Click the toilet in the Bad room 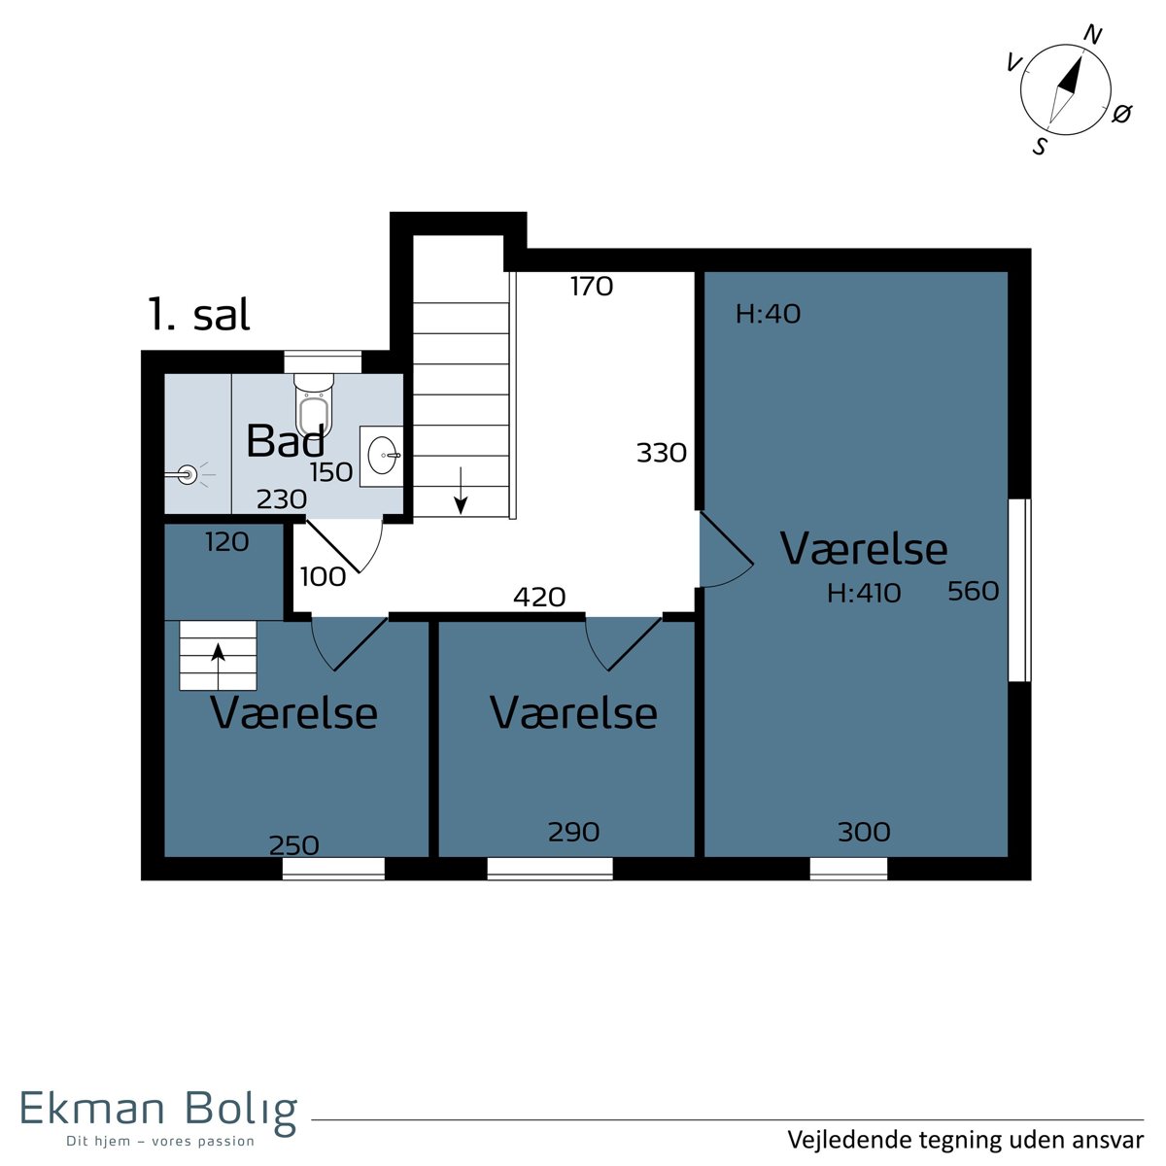coord(314,403)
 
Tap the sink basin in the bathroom coord(383,455)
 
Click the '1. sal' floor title coord(198,314)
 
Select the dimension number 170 coord(591,287)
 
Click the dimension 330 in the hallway coord(662,453)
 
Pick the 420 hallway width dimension coord(539,598)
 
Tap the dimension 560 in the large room coord(973,591)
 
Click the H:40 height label coord(768,314)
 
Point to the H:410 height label coord(864,593)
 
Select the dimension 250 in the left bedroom coord(294,845)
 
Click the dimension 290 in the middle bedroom coord(573,832)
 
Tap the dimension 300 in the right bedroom coord(864,832)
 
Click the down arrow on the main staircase coord(462,490)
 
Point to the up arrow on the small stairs coord(218,667)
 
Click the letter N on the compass coord(1092,35)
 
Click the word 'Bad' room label coord(286,440)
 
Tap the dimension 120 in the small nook coord(227,542)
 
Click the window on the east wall coord(1019,590)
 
